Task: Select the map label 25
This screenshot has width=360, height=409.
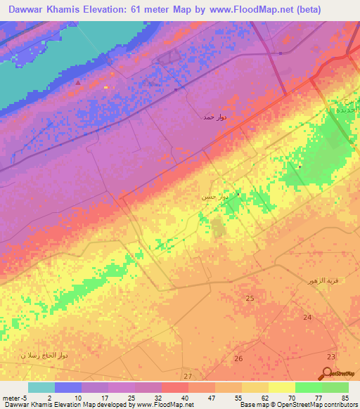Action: click(250, 299)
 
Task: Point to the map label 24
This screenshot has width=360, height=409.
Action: click(307, 318)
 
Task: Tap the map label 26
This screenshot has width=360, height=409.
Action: click(238, 359)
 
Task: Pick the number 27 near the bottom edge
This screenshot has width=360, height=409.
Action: click(187, 377)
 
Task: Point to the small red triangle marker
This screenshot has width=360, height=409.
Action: click(78, 82)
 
